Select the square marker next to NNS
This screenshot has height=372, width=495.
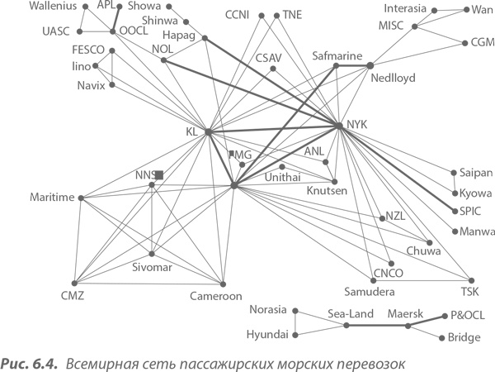tap(159, 175)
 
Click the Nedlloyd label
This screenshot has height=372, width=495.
tap(393, 79)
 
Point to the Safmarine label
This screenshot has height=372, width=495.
tap(338, 55)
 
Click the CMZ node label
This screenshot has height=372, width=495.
tap(73, 296)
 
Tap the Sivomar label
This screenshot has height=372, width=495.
tap(152, 268)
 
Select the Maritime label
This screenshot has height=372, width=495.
tap(52, 197)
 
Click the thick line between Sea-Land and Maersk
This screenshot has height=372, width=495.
tap(377, 326)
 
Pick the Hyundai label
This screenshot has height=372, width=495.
tap(266, 335)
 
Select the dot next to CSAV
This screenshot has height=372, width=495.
tap(273, 69)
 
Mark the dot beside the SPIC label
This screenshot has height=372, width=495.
tap(452, 210)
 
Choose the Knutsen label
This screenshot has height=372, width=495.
tap(327, 191)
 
